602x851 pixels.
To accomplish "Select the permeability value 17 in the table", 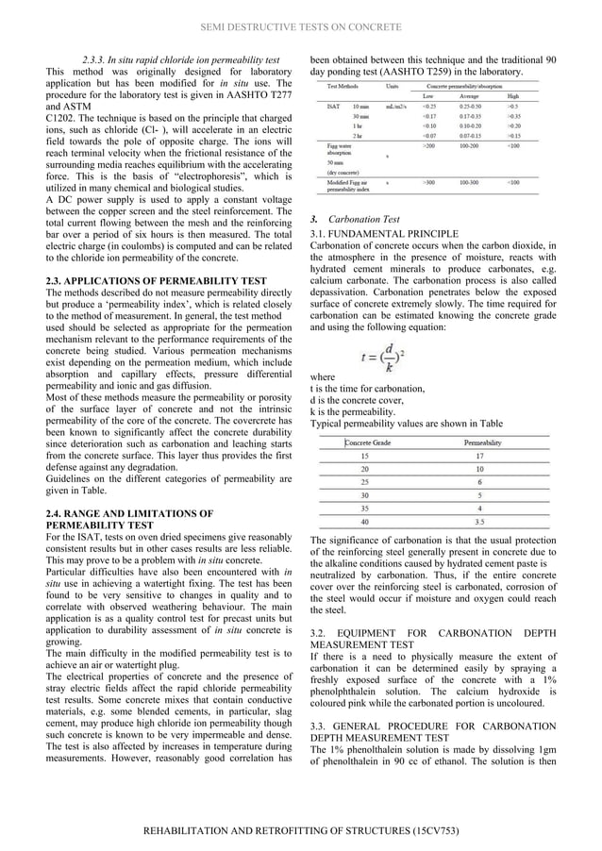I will pyautogui.click(x=480, y=455).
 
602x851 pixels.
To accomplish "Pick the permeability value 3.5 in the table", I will pyautogui.click(x=480, y=520).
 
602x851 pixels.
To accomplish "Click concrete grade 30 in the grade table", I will pyautogui.click(x=365, y=494).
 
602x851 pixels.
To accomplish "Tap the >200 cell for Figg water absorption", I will pyautogui.click(x=430, y=146).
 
